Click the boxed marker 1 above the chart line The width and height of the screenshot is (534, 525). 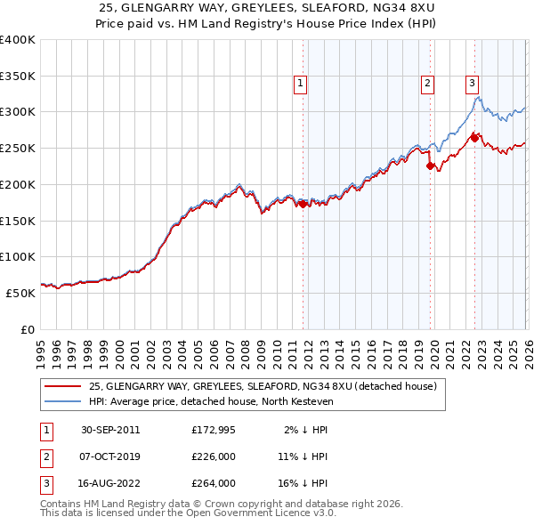(301, 84)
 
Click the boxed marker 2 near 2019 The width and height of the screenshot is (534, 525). (428, 84)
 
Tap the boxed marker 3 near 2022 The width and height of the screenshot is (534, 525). (472, 84)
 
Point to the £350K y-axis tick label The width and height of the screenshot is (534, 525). (18, 76)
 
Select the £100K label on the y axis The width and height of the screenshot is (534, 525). (18, 256)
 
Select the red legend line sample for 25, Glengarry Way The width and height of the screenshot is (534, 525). (63, 387)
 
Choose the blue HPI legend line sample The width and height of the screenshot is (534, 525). (63, 402)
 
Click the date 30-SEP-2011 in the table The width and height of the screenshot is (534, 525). (110, 430)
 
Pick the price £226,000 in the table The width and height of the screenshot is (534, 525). (213, 456)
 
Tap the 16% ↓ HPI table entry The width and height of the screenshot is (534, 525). (302, 483)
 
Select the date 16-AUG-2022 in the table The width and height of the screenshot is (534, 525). (110, 483)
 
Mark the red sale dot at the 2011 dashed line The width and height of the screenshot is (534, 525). (303, 204)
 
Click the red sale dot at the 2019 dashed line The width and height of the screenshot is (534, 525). (430, 166)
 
